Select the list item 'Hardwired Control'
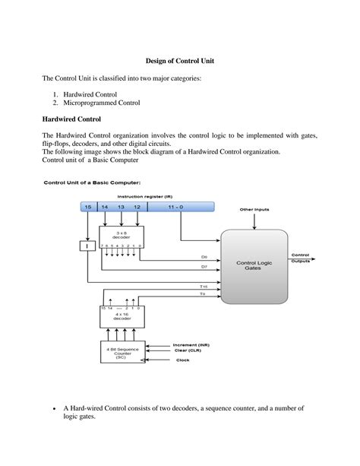click(x=89, y=94)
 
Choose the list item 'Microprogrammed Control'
click(x=100, y=103)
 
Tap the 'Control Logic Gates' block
click(x=253, y=266)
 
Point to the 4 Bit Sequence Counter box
click(x=121, y=352)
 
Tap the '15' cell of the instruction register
click(x=88, y=208)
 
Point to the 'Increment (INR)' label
click(x=192, y=343)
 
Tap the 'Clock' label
click(x=182, y=360)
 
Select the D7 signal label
click(x=204, y=266)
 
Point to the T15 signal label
click(x=203, y=286)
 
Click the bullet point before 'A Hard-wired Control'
click(x=53, y=409)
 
